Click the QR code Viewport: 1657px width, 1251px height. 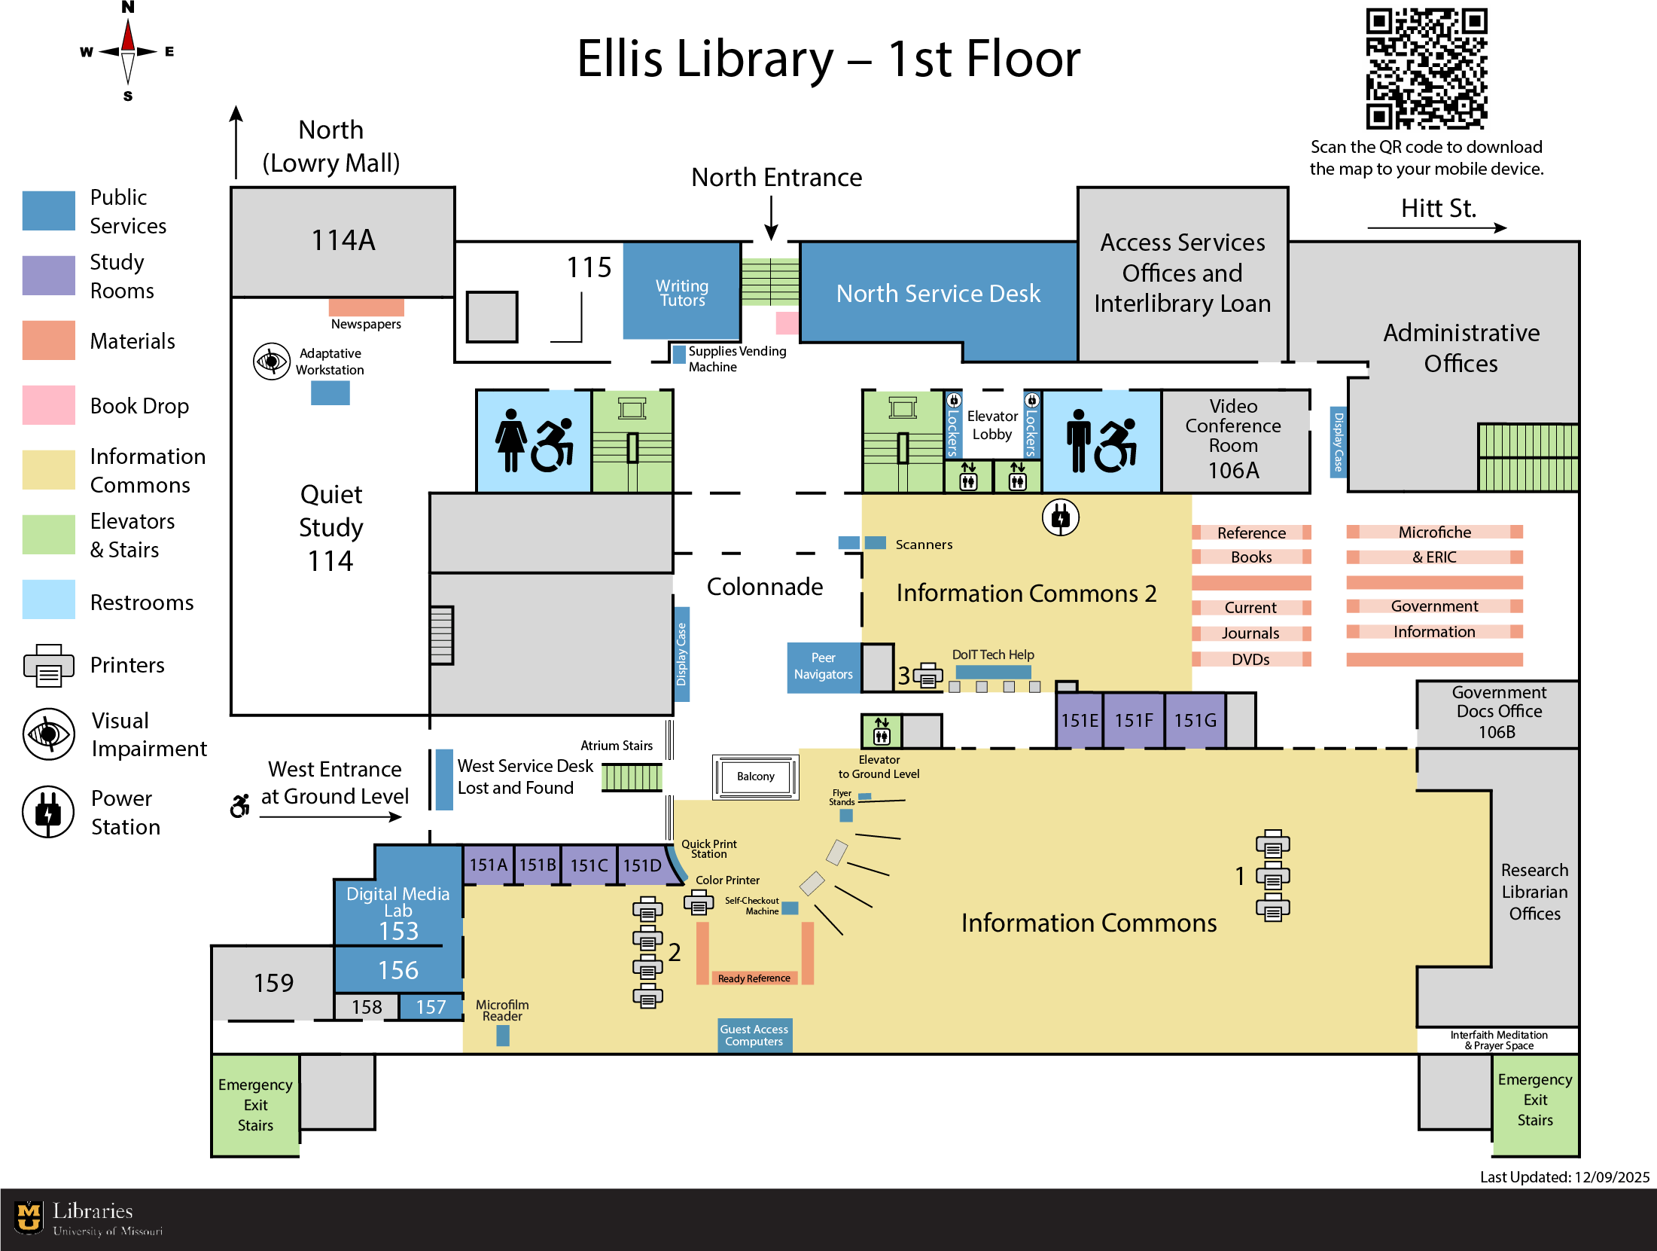coord(1426,69)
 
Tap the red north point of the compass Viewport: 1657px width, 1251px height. coord(128,36)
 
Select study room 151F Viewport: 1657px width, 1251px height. coord(1133,721)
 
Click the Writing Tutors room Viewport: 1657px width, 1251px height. coord(681,292)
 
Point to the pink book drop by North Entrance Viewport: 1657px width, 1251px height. coord(787,323)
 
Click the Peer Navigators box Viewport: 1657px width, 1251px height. coord(823,667)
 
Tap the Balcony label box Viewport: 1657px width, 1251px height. coord(755,777)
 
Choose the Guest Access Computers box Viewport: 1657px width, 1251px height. coord(754,1035)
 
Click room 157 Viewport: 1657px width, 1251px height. coord(431,1007)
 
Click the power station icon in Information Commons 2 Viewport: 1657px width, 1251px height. coord(1060,517)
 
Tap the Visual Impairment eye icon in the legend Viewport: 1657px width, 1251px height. coord(48,734)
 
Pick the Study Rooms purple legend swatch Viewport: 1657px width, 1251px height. coord(48,276)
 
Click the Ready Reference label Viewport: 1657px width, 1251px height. coord(754,978)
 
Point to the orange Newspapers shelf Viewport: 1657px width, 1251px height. coord(366,307)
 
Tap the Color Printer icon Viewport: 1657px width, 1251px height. coord(699,902)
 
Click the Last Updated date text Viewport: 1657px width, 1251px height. coord(1564,1177)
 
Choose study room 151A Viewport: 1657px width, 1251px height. coord(488,865)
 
